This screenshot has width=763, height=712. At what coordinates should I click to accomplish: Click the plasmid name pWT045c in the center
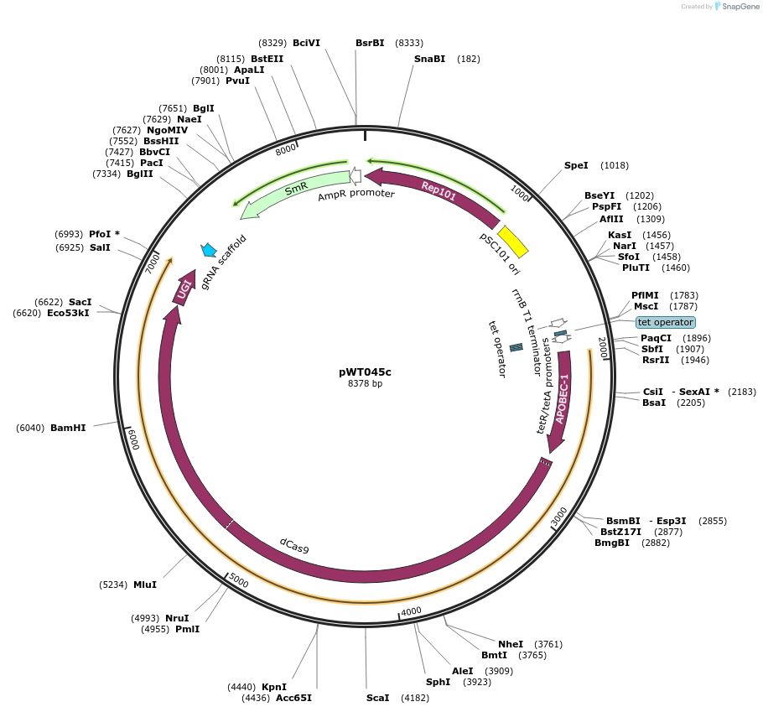365,372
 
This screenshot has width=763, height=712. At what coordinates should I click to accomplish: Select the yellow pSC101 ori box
512,242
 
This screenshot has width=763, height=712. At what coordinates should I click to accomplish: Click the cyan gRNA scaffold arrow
209,250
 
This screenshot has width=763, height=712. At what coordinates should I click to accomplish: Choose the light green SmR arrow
294,192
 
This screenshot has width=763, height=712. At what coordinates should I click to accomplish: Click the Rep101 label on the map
438,191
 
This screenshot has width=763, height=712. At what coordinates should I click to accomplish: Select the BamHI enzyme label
68,428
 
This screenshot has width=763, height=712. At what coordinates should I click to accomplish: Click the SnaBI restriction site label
429,59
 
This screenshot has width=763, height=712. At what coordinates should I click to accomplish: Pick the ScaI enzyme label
378,698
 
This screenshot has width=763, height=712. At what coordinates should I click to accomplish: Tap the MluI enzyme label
145,585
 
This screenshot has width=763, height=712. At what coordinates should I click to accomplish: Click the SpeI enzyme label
576,165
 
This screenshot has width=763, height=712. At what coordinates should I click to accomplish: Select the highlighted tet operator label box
665,322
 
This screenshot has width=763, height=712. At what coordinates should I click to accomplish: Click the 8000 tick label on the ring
286,148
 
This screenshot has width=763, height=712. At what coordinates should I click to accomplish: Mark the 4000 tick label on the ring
411,612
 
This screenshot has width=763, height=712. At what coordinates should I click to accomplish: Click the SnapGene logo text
736,7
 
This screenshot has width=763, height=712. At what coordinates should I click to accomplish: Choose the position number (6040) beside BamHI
30,428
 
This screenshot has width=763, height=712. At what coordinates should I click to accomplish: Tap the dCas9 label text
294,545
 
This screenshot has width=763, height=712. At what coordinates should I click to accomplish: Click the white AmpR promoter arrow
356,176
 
